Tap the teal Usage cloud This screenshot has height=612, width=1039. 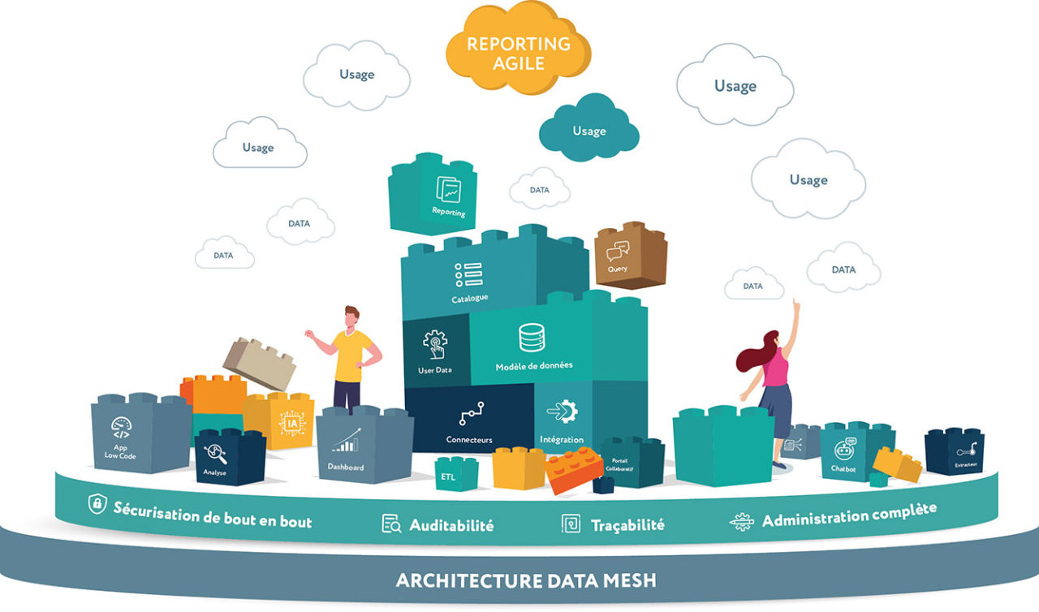(x=588, y=130)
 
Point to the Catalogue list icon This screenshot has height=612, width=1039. (x=468, y=274)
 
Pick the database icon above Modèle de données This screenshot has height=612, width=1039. (x=532, y=337)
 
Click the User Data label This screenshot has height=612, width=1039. (x=434, y=370)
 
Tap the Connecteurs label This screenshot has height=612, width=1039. (x=469, y=440)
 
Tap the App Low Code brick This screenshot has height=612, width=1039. (x=130, y=434)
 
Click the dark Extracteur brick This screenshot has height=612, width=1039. (x=955, y=451)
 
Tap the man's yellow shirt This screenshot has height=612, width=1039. (x=351, y=355)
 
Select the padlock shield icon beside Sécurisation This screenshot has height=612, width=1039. (x=97, y=504)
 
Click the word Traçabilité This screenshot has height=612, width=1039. (x=627, y=525)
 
